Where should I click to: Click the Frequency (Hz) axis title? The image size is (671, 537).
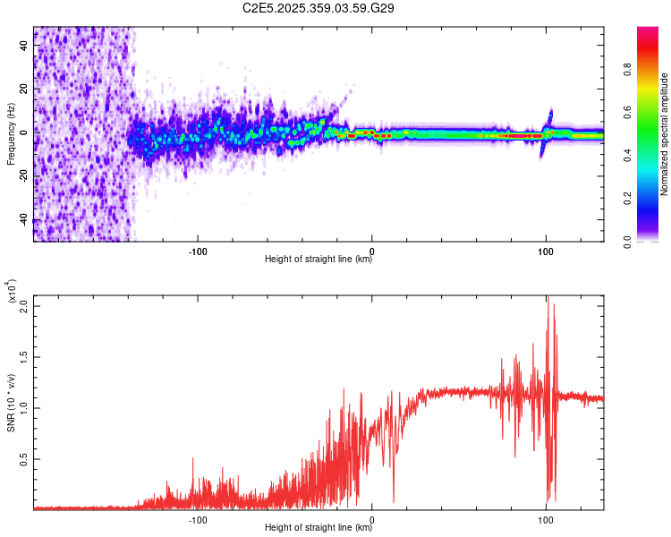click(11, 134)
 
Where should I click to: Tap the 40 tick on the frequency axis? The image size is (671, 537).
click(24, 47)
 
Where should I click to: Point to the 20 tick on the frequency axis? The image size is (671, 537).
click(24, 89)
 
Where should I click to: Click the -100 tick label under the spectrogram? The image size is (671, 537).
click(198, 251)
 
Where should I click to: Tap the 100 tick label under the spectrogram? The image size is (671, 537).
click(545, 251)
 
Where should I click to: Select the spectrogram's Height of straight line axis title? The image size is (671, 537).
click(319, 260)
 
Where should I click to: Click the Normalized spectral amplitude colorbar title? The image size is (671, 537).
click(665, 134)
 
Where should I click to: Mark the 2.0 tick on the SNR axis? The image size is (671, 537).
click(23, 305)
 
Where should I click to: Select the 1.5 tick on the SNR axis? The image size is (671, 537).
click(23, 356)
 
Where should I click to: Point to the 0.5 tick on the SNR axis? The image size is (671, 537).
click(23, 458)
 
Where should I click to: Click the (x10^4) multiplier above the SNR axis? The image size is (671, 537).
click(12, 293)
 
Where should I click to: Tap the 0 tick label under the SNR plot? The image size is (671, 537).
click(371, 519)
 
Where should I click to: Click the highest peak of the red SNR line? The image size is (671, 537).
click(548, 298)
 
